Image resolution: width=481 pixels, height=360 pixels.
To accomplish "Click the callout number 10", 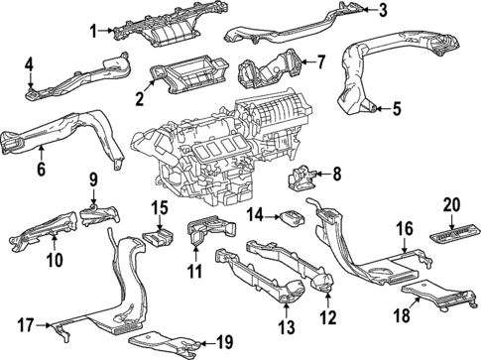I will click(x=54, y=261).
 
